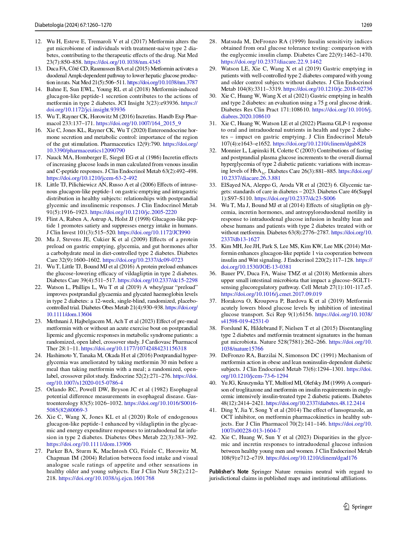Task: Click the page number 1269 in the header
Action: (x=366, y=25)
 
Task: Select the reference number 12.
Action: (x=38, y=42)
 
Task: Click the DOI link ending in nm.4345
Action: (x=122, y=62)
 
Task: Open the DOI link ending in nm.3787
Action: (x=162, y=83)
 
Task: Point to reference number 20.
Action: (x=38, y=240)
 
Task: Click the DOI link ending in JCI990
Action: (x=154, y=233)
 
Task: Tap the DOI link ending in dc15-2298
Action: (x=157, y=280)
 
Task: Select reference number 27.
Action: (x=38, y=451)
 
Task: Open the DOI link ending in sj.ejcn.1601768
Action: (x=106, y=478)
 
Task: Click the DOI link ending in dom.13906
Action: (x=89, y=444)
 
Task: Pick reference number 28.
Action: (x=213, y=42)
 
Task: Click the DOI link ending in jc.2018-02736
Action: (x=328, y=89)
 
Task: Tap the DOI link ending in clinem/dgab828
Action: (x=319, y=144)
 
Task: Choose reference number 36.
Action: (x=213, y=274)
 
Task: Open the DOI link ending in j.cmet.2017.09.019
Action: (x=271, y=294)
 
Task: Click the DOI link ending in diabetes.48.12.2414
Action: (x=315, y=403)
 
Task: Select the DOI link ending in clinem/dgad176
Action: (x=311, y=458)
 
